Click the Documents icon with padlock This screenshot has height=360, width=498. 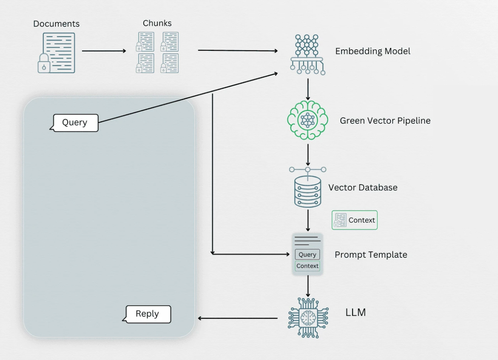pyautogui.click(x=56, y=53)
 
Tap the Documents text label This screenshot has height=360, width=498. pyautogui.click(x=56, y=24)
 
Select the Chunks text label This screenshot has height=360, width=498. pyautogui.click(x=157, y=23)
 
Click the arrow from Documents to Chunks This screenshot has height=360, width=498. pyautogui.click(x=104, y=51)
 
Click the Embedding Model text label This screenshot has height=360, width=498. pyautogui.click(x=373, y=51)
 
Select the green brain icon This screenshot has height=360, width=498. pyautogui.click(x=307, y=120)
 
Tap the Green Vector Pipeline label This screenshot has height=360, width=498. pyautogui.click(x=385, y=120)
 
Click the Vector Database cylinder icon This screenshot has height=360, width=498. pyautogui.click(x=307, y=191)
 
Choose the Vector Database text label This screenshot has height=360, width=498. pyautogui.click(x=363, y=187)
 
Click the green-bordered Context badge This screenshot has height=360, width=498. pyautogui.click(x=355, y=220)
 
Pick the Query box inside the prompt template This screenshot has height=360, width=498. pyautogui.click(x=307, y=254)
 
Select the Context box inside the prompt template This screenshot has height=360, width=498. pyautogui.click(x=307, y=266)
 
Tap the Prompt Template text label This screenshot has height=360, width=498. pyautogui.click(x=371, y=255)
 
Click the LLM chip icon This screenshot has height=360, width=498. pyautogui.click(x=308, y=317)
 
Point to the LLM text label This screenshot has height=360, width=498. pyautogui.click(x=355, y=313)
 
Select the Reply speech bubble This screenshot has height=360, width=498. pyautogui.click(x=147, y=314)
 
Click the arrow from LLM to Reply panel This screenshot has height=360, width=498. pyautogui.click(x=238, y=318)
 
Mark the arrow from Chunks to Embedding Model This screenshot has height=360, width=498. pyautogui.click(x=238, y=51)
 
